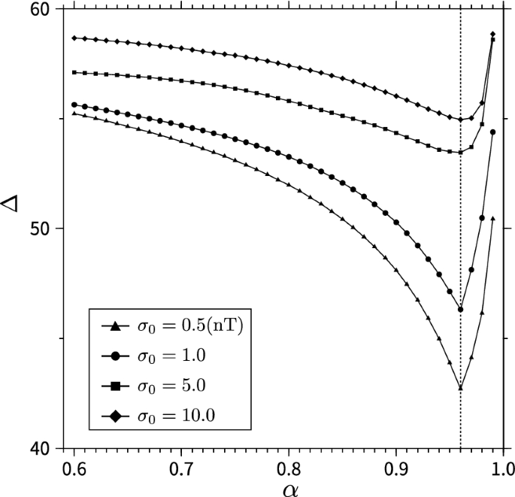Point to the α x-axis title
(289, 486)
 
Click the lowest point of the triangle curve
(460, 388)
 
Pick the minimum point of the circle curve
(460, 310)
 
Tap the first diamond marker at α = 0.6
(74, 38)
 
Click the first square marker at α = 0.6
(74, 72)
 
